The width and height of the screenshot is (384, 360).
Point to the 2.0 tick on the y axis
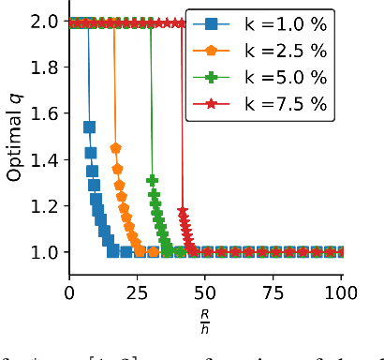click(x=43, y=22)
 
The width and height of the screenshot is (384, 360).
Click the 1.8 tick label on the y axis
click(x=43, y=67)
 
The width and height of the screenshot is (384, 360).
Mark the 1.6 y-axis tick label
click(x=43, y=113)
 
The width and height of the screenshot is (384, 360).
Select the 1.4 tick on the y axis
click(x=43, y=159)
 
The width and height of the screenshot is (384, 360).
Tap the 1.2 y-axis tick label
click(x=43, y=205)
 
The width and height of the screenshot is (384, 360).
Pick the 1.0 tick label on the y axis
click(x=43, y=251)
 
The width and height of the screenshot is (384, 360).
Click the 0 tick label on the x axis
click(x=69, y=293)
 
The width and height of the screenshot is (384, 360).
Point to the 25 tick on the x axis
click(x=137, y=293)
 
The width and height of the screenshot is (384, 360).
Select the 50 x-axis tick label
click(x=205, y=293)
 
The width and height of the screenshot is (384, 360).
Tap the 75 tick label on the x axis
click(x=273, y=293)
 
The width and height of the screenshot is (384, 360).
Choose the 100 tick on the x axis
click(x=341, y=293)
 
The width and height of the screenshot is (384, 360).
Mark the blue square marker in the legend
click(x=214, y=22)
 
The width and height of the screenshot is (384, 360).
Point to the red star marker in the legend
click(x=214, y=104)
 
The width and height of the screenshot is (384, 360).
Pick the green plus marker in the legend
click(x=214, y=77)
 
